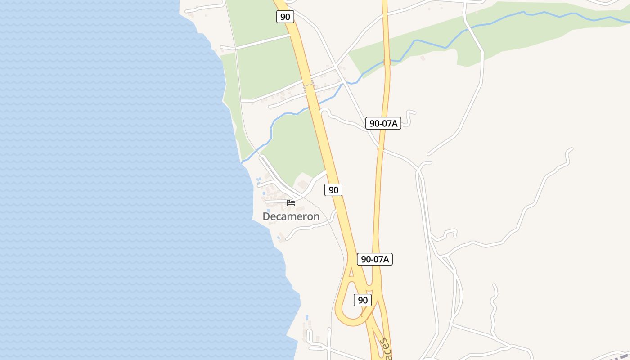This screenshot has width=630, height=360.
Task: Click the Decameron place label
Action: (x=291, y=216)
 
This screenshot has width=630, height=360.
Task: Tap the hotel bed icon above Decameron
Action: (x=291, y=202)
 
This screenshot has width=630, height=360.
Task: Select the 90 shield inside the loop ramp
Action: (x=362, y=300)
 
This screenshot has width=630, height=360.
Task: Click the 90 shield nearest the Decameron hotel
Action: (x=333, y=190)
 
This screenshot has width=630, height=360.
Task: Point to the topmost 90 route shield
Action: (x=285, y=17)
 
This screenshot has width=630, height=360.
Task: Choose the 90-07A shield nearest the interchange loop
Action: (x=375, y=259)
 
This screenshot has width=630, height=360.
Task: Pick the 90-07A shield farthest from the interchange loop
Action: (x=383, y=123)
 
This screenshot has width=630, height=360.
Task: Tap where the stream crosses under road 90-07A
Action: (x=386, y=60)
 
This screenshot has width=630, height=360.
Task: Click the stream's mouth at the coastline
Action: (x=242, y=162)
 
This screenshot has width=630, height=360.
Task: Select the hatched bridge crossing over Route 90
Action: (x=308, y=83)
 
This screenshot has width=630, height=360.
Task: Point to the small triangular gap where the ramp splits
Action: (x=352, y=272)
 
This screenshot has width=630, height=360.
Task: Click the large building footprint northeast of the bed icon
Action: (x=302, y=184)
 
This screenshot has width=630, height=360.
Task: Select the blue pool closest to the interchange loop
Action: (x=307, y=317)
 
